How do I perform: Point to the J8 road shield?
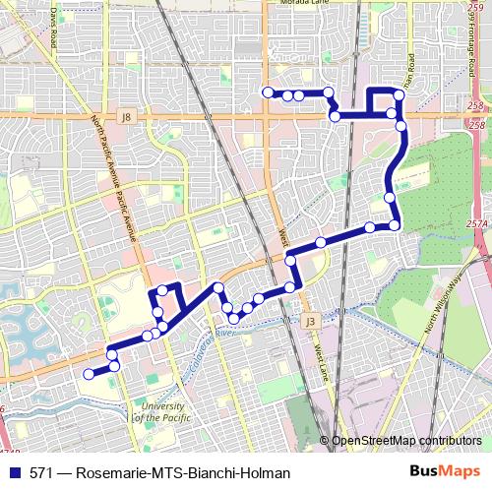(125, 117)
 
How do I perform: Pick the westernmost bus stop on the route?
(89, 374)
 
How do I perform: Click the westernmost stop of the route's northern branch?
(267, 92)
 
